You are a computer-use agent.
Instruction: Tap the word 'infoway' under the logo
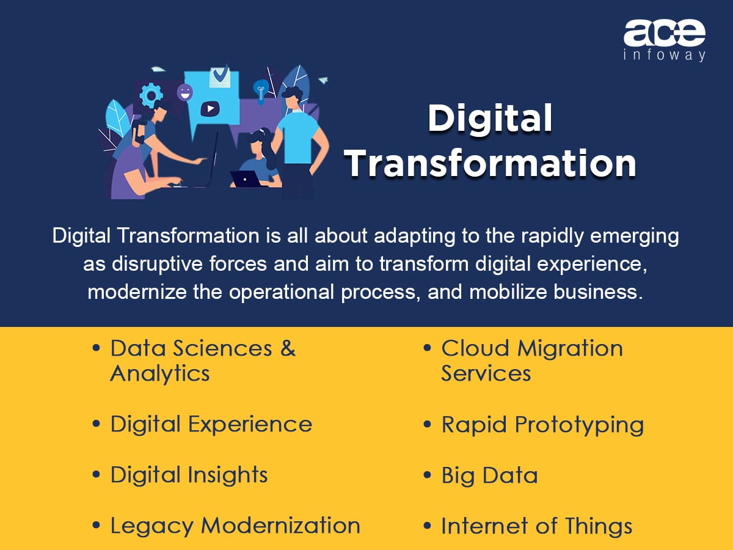[664, 55]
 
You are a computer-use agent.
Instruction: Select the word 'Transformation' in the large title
[490, 163]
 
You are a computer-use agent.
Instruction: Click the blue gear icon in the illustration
[151, 95]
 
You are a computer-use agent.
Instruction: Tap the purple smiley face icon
[184, 92]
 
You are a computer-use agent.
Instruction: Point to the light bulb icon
[261, 90]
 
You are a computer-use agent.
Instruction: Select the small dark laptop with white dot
[246, 179]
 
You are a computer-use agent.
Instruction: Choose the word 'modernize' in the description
[137, 292]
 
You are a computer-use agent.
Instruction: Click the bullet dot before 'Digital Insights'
[96, 475]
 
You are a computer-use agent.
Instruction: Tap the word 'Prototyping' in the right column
[579, 425]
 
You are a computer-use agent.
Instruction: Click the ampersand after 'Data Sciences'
[288, 348]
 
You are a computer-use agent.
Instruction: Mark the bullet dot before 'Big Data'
[427, 475]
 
